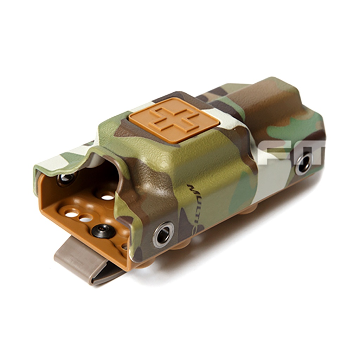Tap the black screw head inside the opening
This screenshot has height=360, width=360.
[x=103, y=230]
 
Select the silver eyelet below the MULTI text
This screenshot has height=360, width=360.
[x=163, y=234]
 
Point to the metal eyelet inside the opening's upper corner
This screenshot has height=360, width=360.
[x=66, y=179]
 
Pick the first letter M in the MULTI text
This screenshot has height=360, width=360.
[x=192, y=188]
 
